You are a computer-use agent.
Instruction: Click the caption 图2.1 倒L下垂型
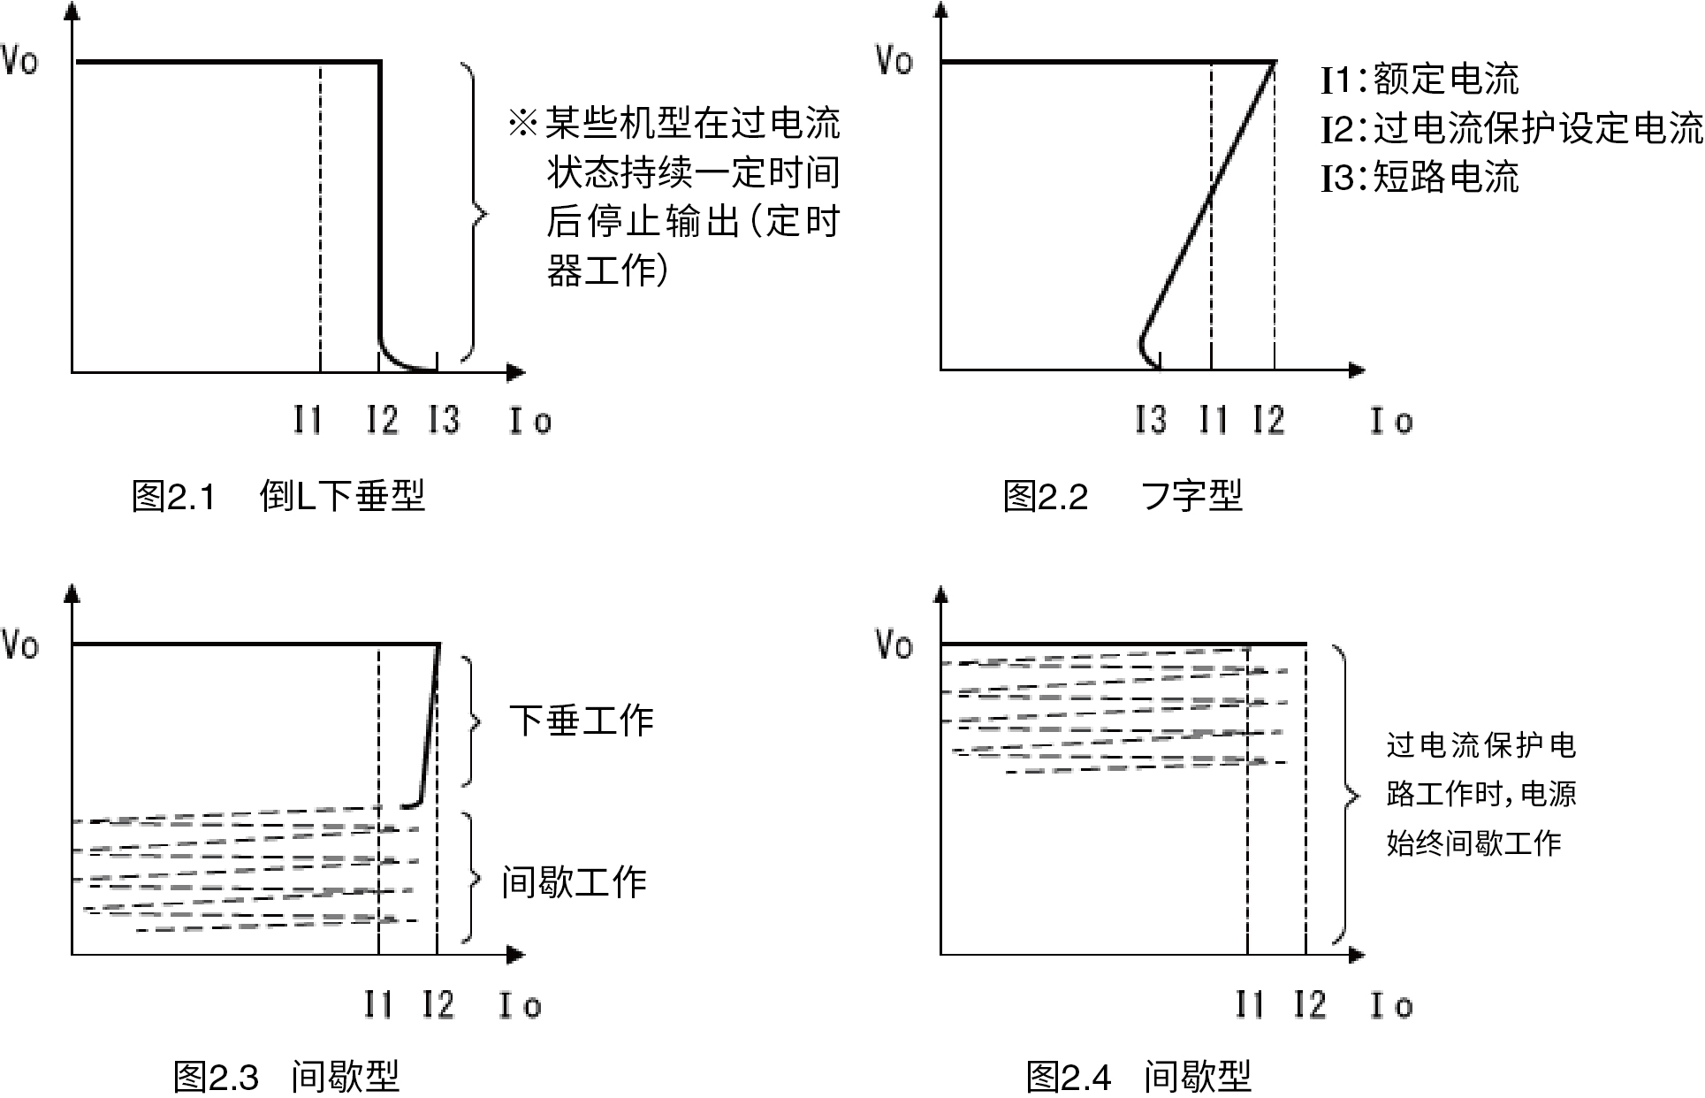(x=278, y=496)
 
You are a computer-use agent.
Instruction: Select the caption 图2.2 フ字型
(x=1123, y=496)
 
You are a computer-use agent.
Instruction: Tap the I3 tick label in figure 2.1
(x=444, y=419)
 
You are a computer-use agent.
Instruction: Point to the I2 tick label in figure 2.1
(x=383, y=419)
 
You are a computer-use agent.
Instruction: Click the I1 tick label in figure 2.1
(x=308, y=419)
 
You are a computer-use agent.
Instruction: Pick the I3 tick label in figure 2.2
(x=1151, y=419)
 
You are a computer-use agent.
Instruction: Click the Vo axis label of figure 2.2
(x=894, y=60)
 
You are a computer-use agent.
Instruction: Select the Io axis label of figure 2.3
(x=521, y=1005)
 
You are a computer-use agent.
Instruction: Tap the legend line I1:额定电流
(x=1420, y=80)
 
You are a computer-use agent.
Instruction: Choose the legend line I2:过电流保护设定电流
(x=1512, y=129)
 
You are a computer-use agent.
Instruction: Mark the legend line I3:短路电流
(x=1420, y=178)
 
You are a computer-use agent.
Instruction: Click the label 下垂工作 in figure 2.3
(x=582, y=721)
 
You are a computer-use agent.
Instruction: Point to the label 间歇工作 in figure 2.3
(x=575, y=882)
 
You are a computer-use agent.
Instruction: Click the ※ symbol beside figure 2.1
(x=522, y=123)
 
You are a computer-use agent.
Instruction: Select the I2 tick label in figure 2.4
(x=1311, y=1005)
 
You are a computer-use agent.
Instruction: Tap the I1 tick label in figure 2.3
(x=379, y=1005)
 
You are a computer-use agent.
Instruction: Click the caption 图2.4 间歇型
(x=1138, y=1078)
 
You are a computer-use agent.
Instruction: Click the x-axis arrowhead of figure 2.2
(x=1358, y=370)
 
